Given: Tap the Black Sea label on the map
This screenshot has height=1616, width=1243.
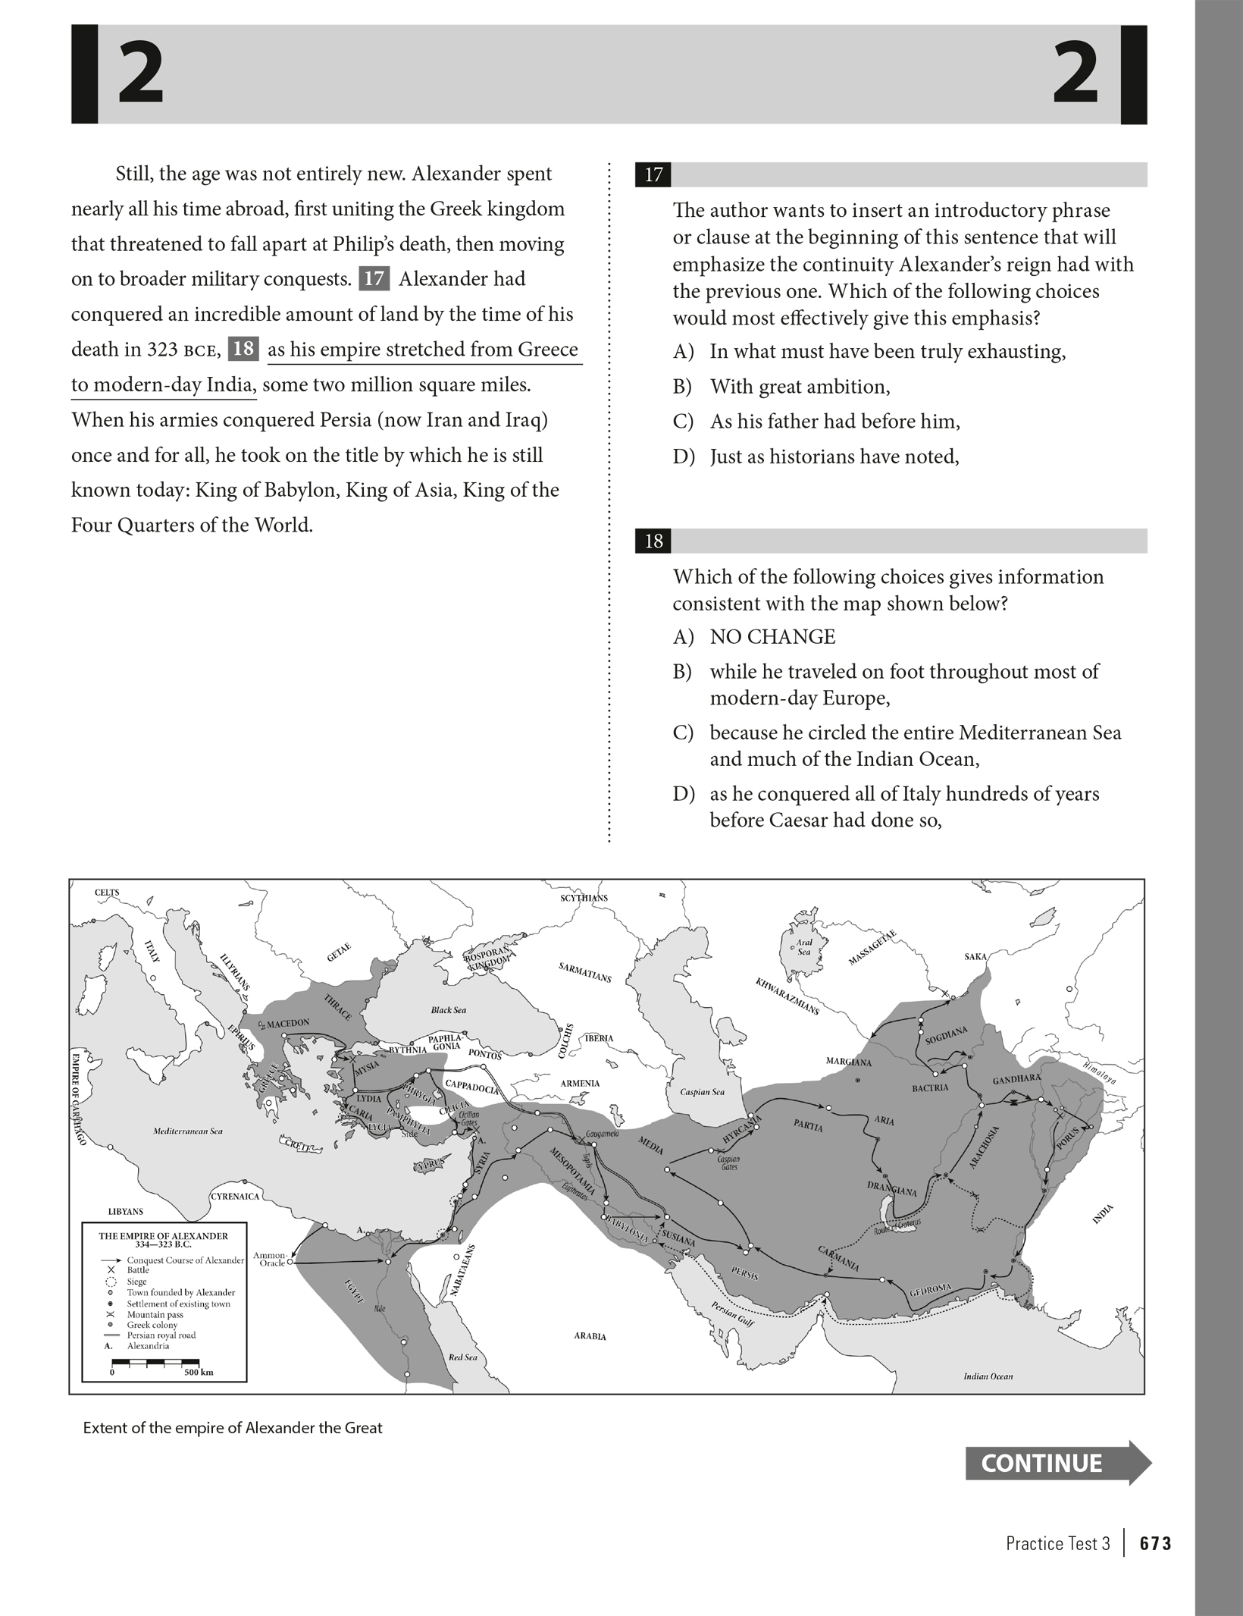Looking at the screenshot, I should click(x=449, y=1010).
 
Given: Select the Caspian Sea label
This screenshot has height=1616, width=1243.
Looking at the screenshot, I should click(x=702, y=1092).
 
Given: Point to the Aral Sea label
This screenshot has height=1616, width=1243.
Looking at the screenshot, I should click(x=804, y=946).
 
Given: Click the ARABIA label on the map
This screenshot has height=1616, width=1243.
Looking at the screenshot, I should click(x=590, y=1336).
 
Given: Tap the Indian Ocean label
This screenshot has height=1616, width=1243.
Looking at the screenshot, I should click(x=988, y=1376).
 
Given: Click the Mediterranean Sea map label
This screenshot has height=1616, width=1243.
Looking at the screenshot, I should click(x=188, y=1131).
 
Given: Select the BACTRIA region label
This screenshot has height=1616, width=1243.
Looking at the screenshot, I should click(x=930, y=1088).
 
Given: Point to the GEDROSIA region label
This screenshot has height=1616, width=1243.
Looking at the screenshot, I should click(x=930, y=1288).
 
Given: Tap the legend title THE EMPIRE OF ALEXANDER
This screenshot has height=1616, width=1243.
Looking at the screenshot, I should click(x=163, y=1236).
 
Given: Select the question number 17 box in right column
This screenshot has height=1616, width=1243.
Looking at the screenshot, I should click(x=653, y=175).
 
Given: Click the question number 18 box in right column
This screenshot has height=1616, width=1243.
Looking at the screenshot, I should click(x=653, y=541).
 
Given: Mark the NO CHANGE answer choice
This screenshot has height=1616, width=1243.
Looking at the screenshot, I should click(x=772, y=637).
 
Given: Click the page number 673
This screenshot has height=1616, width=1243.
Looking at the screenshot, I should click(x=1155, y=1543).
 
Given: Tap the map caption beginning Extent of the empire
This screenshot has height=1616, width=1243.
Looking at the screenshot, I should click(x=233, y=1428).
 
